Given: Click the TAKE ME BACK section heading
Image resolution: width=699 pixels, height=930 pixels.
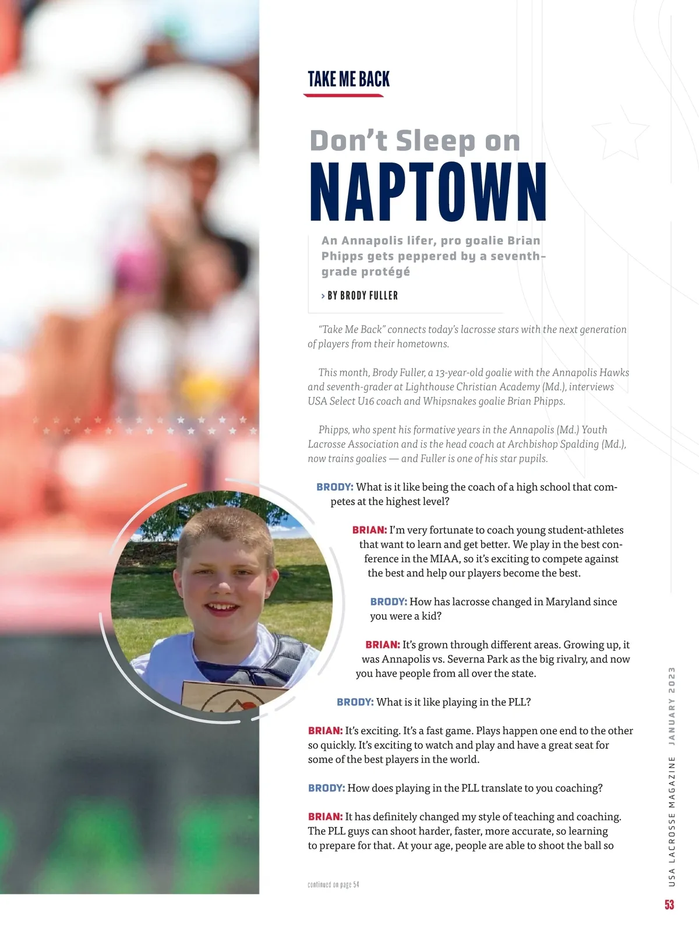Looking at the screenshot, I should [348, 79].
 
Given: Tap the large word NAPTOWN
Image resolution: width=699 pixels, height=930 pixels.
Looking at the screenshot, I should [428, 192].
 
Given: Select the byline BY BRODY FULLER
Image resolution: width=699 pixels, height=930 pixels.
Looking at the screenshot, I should [362, 295].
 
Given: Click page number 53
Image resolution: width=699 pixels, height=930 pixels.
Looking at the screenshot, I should [669, 904].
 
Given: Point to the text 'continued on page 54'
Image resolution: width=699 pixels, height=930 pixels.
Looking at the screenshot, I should [333, 885].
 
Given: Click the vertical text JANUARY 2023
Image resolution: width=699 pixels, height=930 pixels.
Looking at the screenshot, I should [672, 706].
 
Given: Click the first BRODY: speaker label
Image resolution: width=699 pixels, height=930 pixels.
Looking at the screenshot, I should [335, 487].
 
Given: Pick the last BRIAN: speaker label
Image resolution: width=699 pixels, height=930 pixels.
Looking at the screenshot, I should [325, 817].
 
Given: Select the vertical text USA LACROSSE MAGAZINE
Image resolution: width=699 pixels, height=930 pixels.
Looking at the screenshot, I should [672, 822].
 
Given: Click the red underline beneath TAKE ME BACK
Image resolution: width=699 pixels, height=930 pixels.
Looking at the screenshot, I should [344, 95].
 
